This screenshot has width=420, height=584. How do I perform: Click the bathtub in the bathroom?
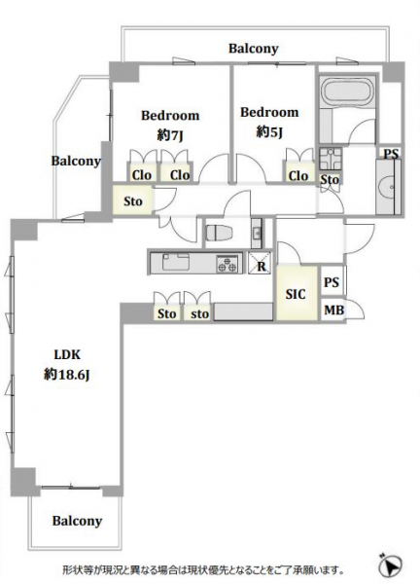pyautogui.click(x=348, y=91)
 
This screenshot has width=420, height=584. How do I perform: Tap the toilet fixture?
pyautogui.click(x=219, y=234)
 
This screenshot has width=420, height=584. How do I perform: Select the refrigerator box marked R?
pyautogui.click(x=260, y=264)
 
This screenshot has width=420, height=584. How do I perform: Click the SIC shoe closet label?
pyautogui.click(x=296, y=294)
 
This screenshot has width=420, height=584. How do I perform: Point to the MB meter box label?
pyautogui.click(x=333, y=310)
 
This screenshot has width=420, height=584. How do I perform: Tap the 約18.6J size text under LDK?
pyautogui.click(x=67, y=375)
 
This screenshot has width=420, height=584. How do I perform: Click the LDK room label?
pyautogui.click(x=67, y=354)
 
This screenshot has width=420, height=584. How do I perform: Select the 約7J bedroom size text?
pyautogui.click(x=170, y=135)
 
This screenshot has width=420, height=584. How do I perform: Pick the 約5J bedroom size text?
pyautogui.click(x=269, y=131)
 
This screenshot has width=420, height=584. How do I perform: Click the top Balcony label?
pyautogui.click(x=254, y=49)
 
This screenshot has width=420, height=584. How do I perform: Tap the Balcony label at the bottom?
pyautogui.click(x=77, y=521)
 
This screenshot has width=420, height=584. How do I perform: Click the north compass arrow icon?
pyautogui.click(x=390, y=566)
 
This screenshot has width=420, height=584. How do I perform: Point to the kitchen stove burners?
pyautogui.click(x=227, y=264)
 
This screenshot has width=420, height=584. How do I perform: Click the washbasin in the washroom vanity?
pyautogui.click(x=389, y=187)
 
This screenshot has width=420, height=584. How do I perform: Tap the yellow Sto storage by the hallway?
pyautogui.click(x=133, y=201)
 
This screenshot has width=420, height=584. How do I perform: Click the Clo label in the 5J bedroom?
pyautogui.click(x=298, y=175)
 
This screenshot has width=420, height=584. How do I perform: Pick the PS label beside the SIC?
pyautogui.click(x=332, y=282)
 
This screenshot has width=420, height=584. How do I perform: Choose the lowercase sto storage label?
pyautogui.click(x=199, y=314)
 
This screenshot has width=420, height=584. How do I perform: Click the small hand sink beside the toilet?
pyautogui.click(x=257, y=234)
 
